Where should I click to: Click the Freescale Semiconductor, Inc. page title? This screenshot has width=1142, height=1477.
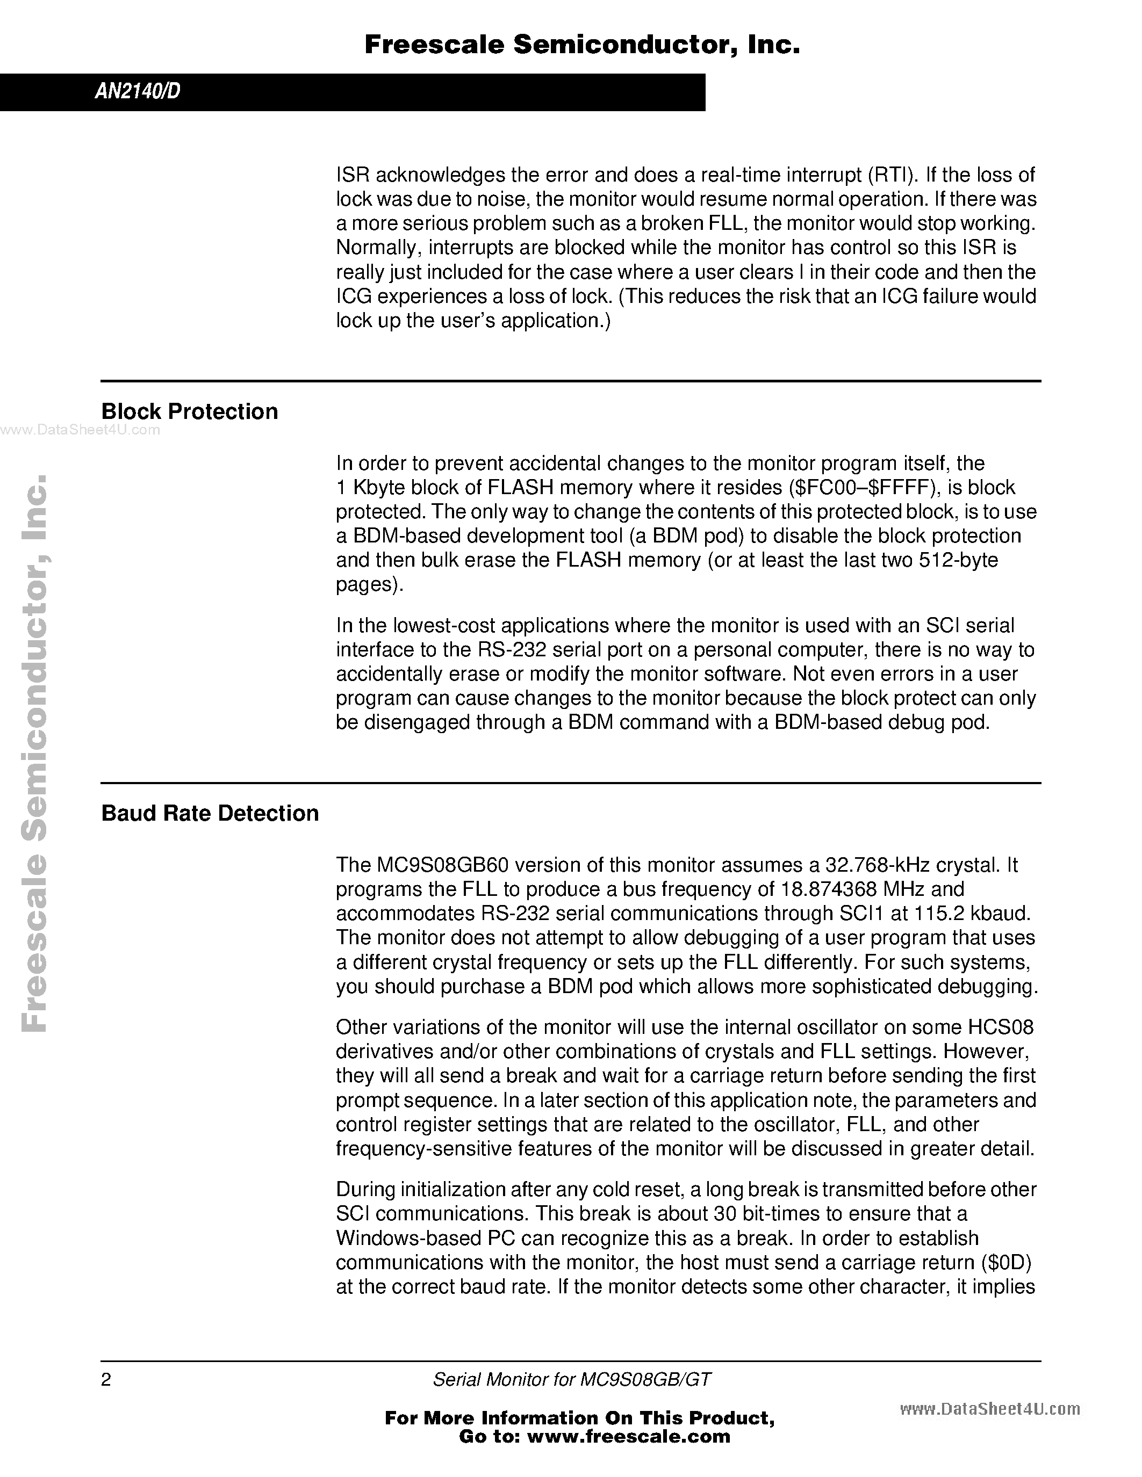(x=582, y=45)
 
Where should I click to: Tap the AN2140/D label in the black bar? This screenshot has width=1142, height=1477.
(x=138, y=92)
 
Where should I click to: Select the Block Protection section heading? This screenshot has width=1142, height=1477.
(x=189, y=411)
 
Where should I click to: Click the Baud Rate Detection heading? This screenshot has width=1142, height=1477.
(x=210, y=813)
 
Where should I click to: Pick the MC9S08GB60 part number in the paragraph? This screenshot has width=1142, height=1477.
(x=429, y=865)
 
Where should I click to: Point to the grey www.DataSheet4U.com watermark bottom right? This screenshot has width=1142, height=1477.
(x=990, y=1406)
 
